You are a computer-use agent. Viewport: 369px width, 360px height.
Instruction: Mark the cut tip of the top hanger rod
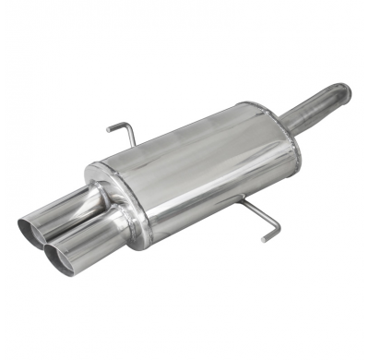pyautogui.click(x=108, y=127)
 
